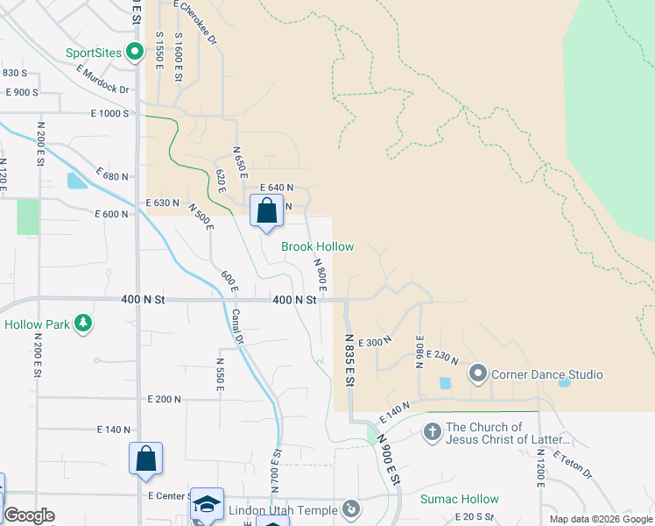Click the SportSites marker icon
(134, 53)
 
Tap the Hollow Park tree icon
(83, 324)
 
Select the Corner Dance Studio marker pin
(477, 374)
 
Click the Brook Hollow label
(317, 247)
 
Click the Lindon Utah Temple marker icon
(351, 509)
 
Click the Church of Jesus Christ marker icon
(431, 432)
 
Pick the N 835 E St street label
(349, 359)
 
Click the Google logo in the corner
(29, 515)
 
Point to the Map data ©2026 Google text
(600, 519)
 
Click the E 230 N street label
(445, 358)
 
